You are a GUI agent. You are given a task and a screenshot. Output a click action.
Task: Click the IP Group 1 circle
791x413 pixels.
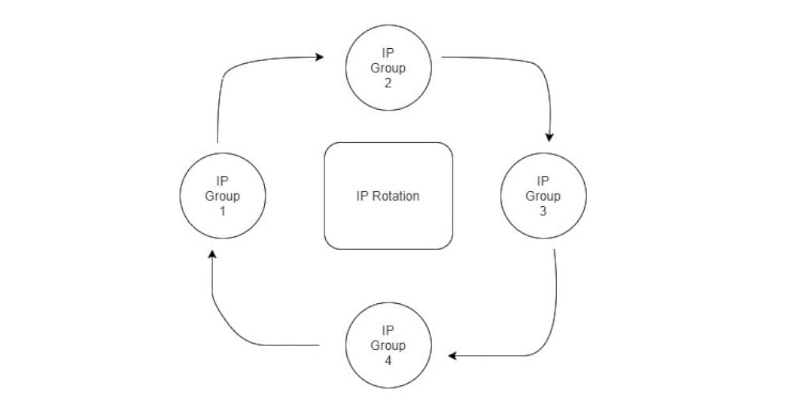click(x=222, y=196)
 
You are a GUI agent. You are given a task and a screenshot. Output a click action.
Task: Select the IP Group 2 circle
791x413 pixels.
click(x=388, y=68)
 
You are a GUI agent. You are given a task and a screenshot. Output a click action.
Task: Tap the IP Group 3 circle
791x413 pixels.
click(x=543, y=196)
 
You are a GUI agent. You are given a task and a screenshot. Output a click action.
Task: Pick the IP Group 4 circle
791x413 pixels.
click(x=388, y=345)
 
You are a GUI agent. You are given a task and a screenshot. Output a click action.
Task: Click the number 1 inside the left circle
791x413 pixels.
click(x=222, y=211)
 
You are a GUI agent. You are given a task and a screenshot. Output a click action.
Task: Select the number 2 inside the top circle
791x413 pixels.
click(x=388, y=83)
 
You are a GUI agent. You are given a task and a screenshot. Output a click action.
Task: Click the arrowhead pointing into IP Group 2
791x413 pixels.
click(x=320, y=57)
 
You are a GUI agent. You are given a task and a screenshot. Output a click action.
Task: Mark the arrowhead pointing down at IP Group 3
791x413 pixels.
click(x=550, y=136)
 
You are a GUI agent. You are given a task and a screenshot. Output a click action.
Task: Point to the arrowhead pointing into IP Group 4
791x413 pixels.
click(x=452, y=356)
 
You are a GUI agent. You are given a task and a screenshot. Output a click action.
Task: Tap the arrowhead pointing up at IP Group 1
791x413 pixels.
click(x=211, y=256)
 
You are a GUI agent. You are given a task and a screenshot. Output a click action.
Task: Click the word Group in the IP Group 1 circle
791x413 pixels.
click(x=222, y=196)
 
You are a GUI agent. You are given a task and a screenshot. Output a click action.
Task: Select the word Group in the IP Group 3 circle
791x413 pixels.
click(x=543, y=196)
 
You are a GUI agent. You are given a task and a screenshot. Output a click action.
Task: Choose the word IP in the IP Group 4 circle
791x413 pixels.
click(x=388, y=330)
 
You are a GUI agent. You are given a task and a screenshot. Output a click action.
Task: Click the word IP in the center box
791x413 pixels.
click(x=363, y=196)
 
